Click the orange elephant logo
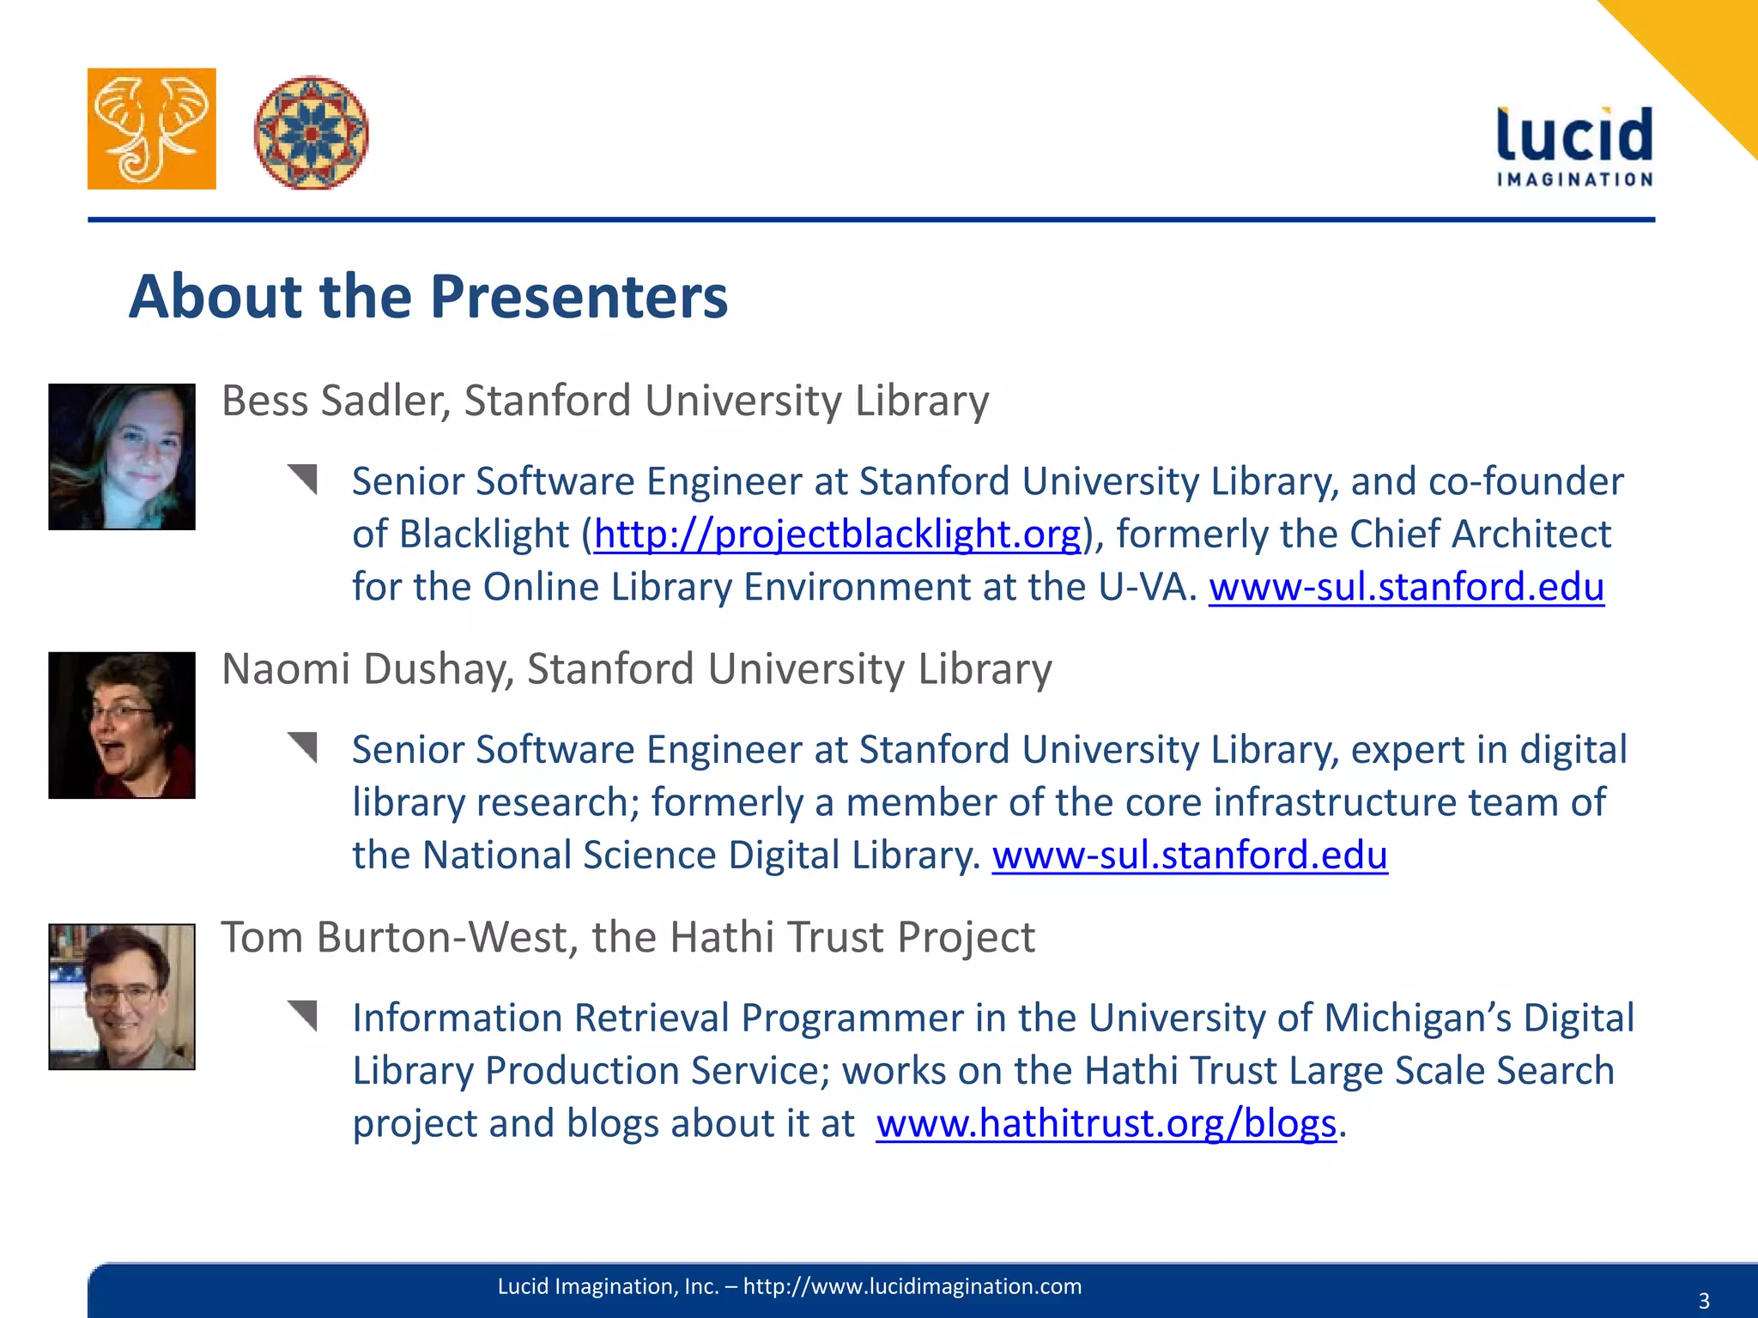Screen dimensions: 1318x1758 click(151, 129)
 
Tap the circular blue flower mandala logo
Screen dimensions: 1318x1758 click(311, 132)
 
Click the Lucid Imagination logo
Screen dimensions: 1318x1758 click(1574, 146)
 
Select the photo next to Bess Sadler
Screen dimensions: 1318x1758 click(122, 456)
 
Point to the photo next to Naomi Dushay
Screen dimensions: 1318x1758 click(122, 725)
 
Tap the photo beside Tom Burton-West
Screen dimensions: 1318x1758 click(122, 996)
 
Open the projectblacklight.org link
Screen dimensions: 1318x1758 click(837, 535)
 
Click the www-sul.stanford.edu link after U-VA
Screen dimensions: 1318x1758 click(1406, 588)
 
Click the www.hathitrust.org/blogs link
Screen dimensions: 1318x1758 click(1106, 1124)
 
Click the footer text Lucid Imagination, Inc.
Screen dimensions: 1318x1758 click(608, 1286)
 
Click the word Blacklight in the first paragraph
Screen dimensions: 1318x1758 click(484, 535)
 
